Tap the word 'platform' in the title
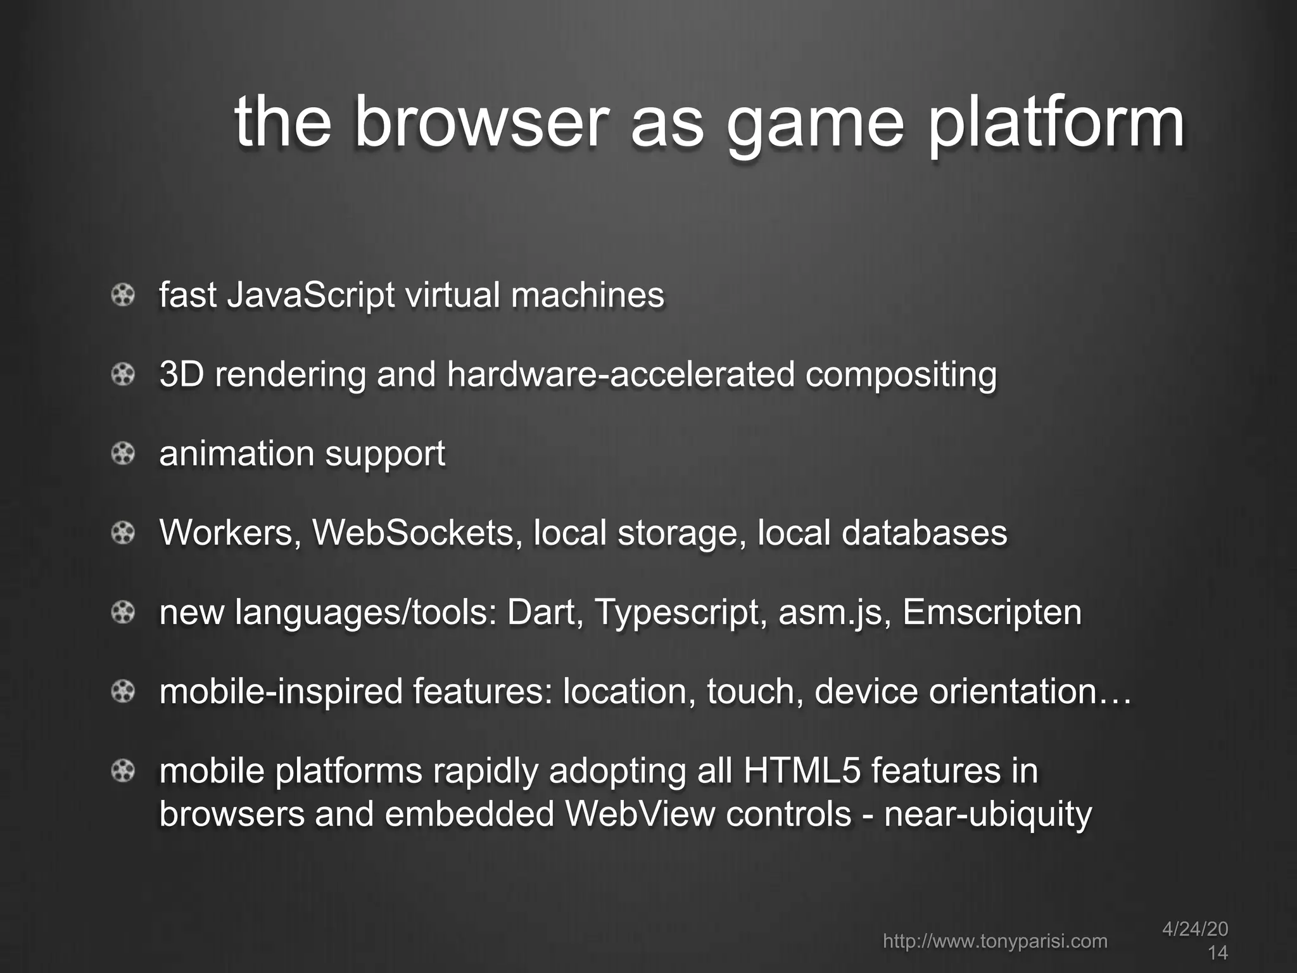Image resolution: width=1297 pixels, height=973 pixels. (x=1056, y=124)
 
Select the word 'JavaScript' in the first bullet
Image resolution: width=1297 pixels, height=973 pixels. (x=310, y=296)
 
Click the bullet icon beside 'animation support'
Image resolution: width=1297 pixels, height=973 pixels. (x=123, y=454)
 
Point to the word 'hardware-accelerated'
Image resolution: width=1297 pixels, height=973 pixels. (x=621, y=374)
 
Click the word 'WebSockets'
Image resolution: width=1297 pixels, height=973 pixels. (x=412, y=533)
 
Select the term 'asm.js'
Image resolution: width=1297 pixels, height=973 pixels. (x=830, y=613)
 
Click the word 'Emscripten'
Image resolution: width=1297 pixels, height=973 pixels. (x=992, y=613)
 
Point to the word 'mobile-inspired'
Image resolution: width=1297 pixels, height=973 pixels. (x=281, y=692)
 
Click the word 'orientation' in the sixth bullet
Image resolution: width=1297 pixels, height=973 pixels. (x=1012, y=691)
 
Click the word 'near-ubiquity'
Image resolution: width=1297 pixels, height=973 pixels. (x=988, y=815)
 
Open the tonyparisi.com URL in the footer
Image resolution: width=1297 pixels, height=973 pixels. (x=995, y=941)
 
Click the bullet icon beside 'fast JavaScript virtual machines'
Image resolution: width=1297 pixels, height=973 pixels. (x=123, y=295)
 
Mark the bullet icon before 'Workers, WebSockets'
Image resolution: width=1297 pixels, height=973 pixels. (x=123, y=533)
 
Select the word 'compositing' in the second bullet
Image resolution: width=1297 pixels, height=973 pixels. (x=901, y=376)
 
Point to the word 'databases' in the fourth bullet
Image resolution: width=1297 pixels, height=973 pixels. (x=924, y=533)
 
